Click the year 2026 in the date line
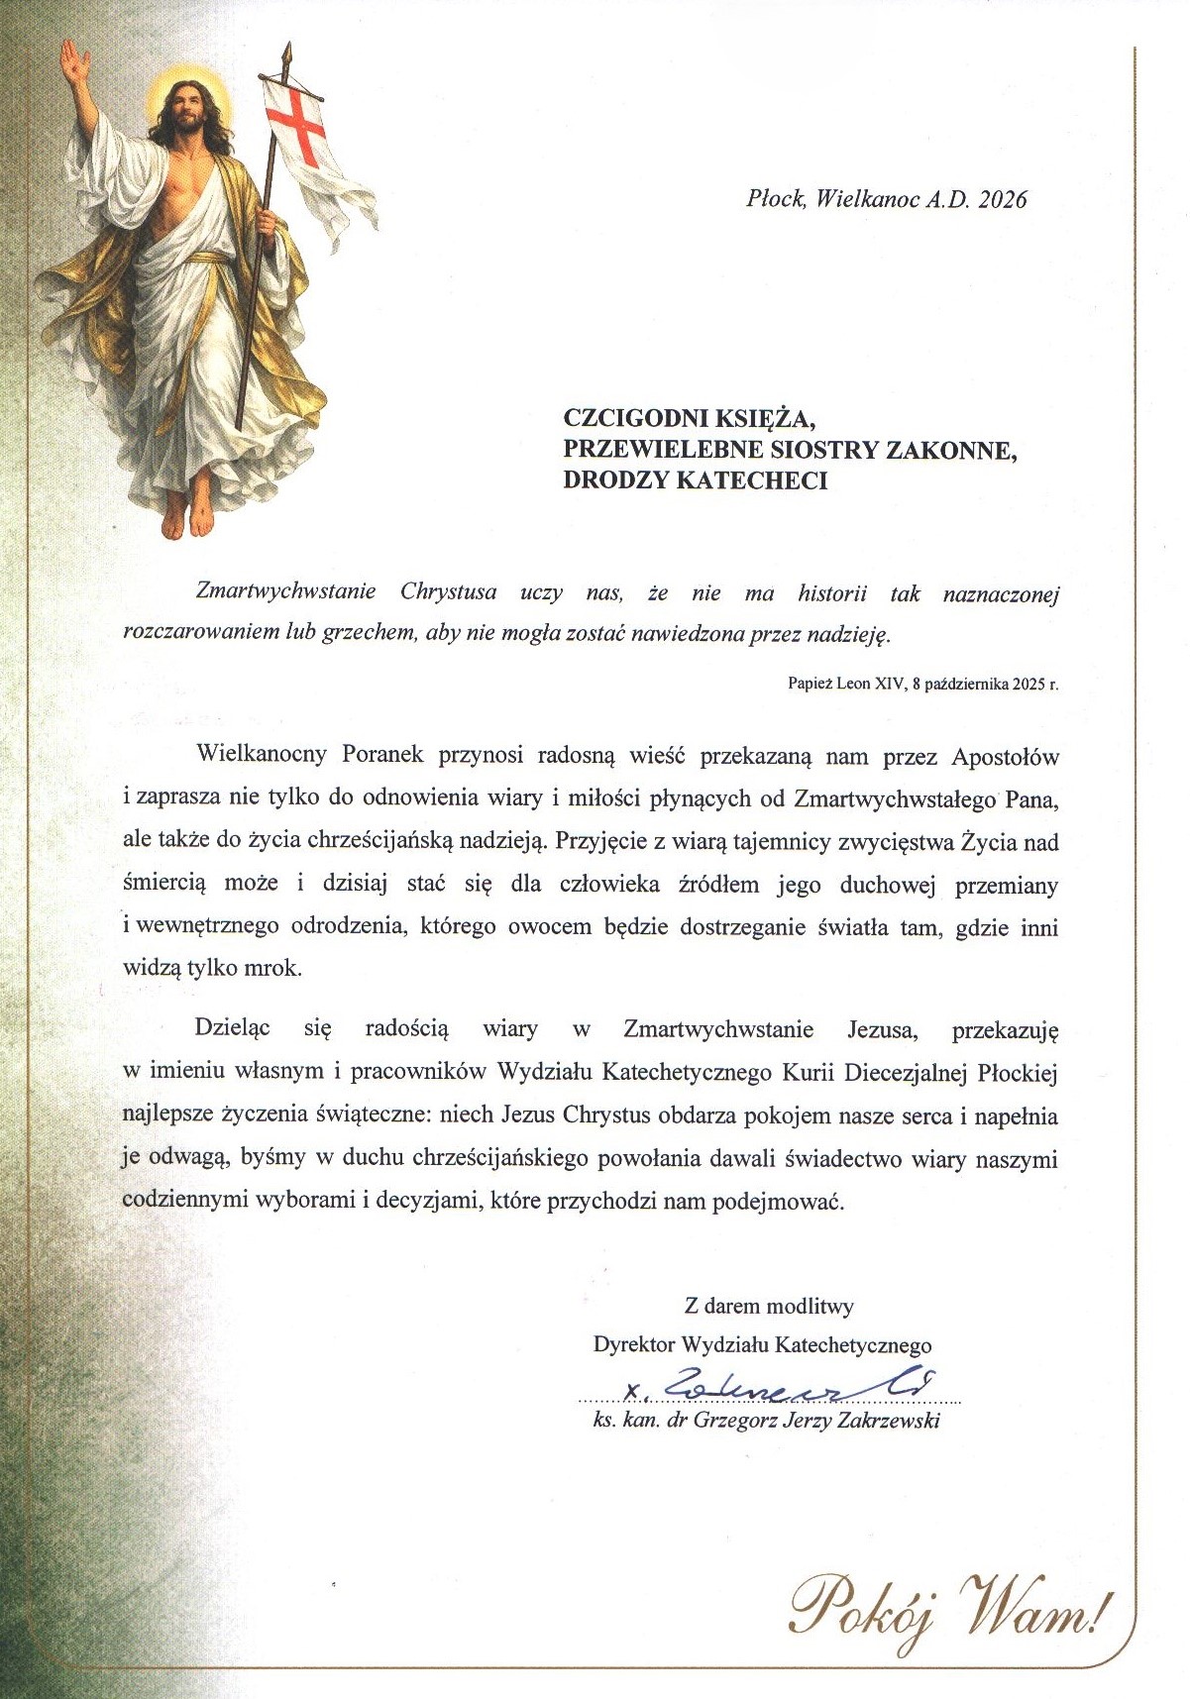1003,199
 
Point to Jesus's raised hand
74,63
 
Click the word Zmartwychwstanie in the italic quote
286,592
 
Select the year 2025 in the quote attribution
1025,684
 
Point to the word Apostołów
1005,757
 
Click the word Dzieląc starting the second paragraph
233,1028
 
